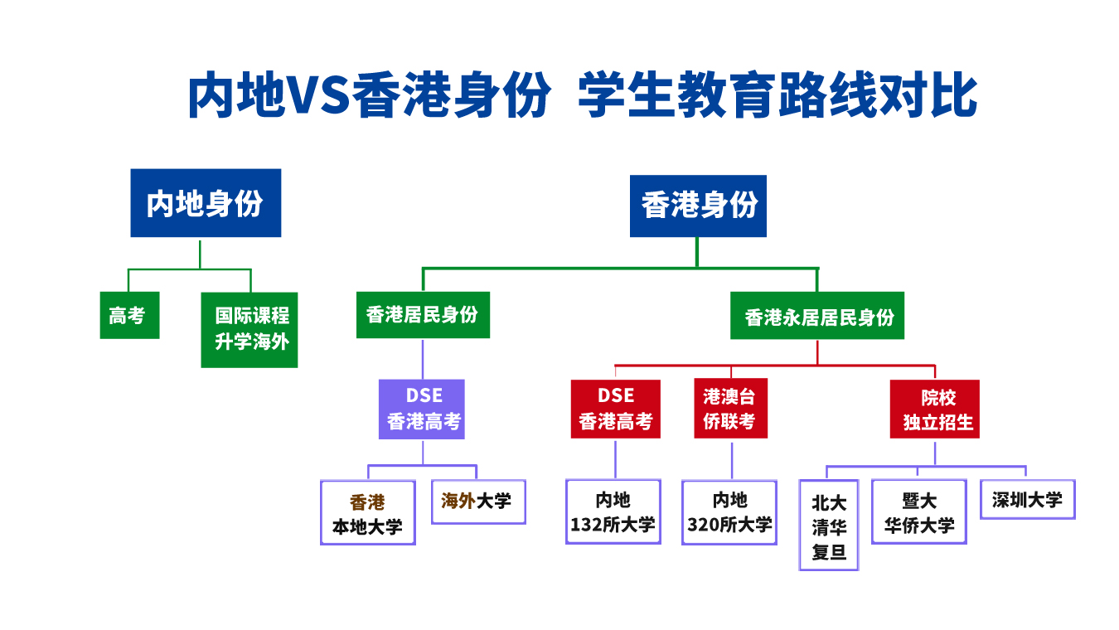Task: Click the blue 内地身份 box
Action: click(206, 203)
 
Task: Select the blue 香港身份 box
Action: click(698, 206)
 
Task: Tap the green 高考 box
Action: click(129, 316)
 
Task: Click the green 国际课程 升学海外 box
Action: click(249, 329)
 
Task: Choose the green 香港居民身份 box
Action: click(423, 315)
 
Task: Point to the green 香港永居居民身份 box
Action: click(816, 316)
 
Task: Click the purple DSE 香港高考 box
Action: click(422, 409)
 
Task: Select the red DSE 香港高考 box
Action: click(615, 409)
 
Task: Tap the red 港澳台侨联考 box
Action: click(730, 409)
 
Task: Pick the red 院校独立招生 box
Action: click(935, 409)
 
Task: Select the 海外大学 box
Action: click(478, 502)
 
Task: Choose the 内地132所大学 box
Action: click(613, 512)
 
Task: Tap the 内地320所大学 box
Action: click(729, 512)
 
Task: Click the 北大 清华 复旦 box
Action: click(829, 526)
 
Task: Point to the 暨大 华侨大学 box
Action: click(919, 512)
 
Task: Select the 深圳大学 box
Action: click(1028, 500)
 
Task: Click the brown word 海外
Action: click(458, 501)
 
